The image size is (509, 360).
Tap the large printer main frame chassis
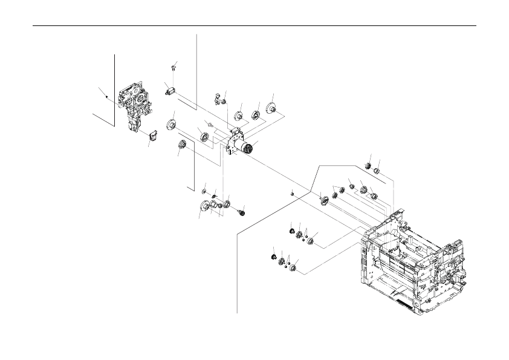(x=411, y=260)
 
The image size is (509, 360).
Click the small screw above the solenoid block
(x=173, y=66)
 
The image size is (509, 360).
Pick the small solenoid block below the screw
(x=169, y=91)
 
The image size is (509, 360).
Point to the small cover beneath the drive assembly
(x=152, y=136)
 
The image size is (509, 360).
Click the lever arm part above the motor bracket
(x=219, y=98)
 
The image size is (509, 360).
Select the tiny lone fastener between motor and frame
(x=292, y=194)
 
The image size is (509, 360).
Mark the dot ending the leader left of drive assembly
(x=106, y=97)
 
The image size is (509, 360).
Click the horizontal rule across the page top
(x=254, y=26)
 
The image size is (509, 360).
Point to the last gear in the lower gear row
(x=294, y=267)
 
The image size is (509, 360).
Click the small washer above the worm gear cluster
(x=204, y=192)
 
